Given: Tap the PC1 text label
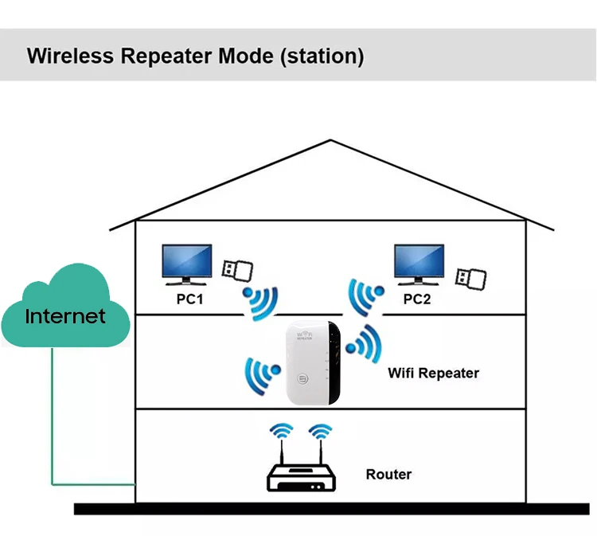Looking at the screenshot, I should (x=190, y=299).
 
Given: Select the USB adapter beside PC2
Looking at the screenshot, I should (x=470, y=276).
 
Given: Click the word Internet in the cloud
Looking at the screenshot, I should (x=65, y=315).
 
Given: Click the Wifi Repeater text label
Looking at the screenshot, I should (x=433, y=373).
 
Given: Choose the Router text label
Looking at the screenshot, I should (x=388, y=475).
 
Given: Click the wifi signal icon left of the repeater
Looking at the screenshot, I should (x=260, y=371).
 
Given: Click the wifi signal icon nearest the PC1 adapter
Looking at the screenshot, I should (x=260, y=303).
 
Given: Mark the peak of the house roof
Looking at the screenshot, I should (x=330, y=141).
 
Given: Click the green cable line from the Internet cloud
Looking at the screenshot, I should (x=52, y=422).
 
